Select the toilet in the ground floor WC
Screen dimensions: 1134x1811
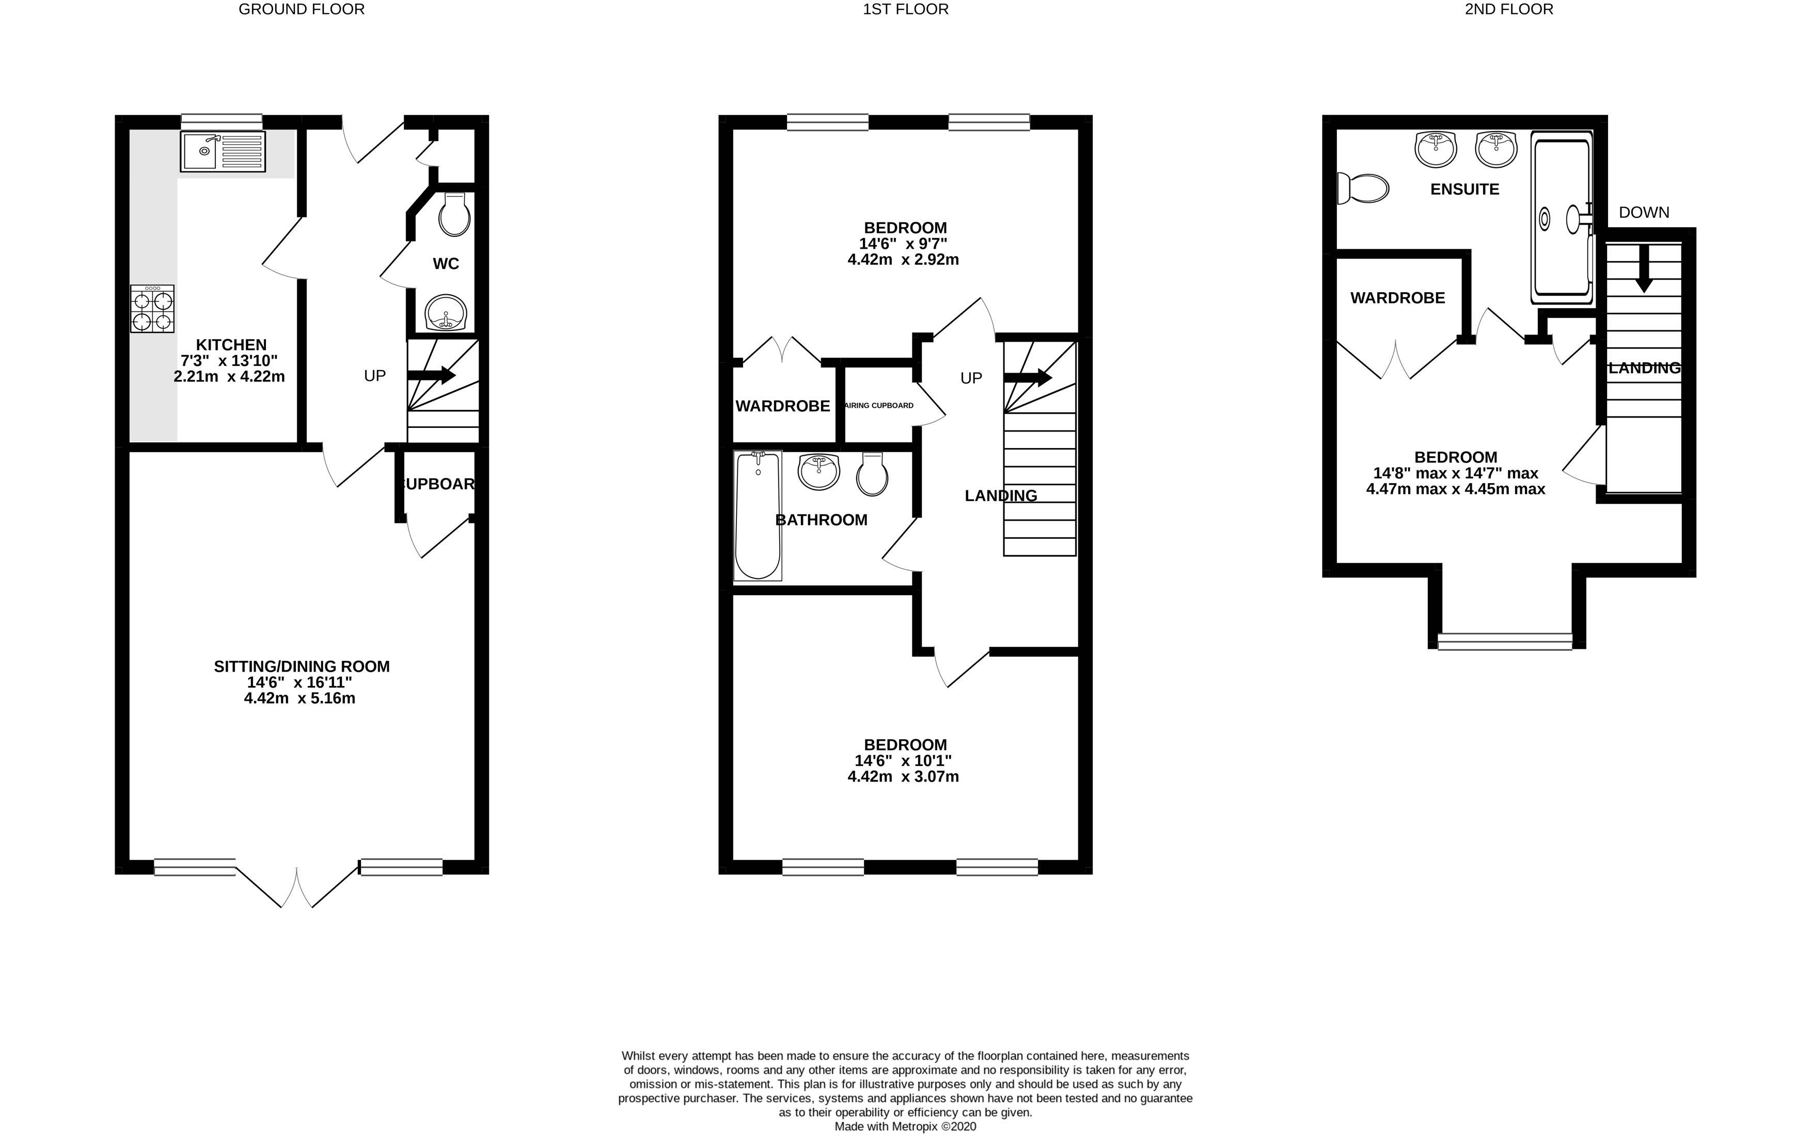[454, 215]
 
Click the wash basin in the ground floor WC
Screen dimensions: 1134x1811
[446, 313]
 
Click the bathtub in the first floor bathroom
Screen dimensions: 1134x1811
[758, 516]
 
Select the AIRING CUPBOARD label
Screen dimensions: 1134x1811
[879, 406]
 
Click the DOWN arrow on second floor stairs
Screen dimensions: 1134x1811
[1644, 268]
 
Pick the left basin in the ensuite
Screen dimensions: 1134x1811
[1435, 149]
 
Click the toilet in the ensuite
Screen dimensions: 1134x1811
[1363, 188]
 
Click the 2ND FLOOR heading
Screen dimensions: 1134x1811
[1509, 9]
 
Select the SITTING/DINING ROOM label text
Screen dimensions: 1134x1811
[302, 666]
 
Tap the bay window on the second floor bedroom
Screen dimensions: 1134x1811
[1505, 641]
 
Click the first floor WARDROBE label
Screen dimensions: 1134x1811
[782, 406]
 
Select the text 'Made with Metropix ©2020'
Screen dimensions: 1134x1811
[905, 1126]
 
